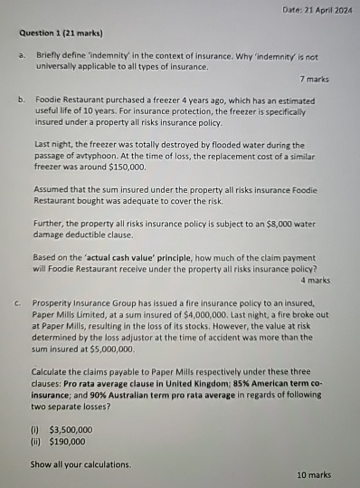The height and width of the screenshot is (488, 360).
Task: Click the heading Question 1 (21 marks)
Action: [61, 33]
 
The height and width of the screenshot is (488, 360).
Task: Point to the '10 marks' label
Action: [313, 474]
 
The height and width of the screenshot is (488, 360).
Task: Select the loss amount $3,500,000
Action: [70, 429]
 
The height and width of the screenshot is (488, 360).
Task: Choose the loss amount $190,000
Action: [68, 442]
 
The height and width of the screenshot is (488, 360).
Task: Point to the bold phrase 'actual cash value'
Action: [104, 257]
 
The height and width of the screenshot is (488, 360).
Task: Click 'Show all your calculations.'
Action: [80, 464]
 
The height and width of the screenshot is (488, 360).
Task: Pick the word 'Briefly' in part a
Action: [49, 55]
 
